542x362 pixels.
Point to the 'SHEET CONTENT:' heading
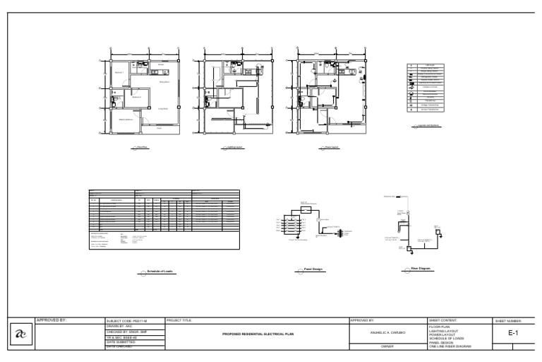445,320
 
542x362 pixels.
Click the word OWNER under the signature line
387,346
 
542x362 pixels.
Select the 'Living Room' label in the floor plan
163,108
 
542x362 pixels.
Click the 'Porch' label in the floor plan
159,129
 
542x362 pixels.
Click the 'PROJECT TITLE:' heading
179,320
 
